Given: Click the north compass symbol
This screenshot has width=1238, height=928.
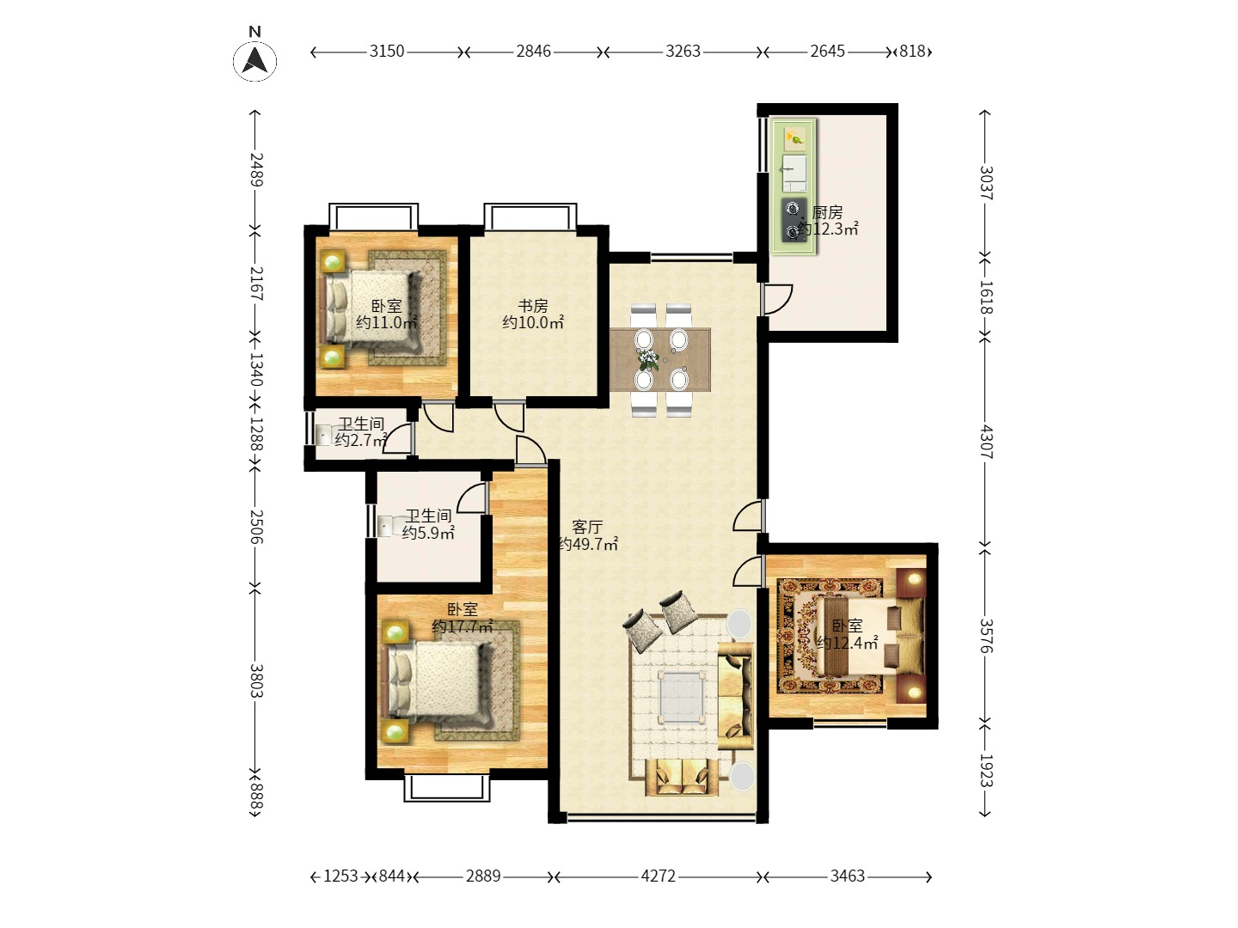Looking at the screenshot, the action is (255, 60).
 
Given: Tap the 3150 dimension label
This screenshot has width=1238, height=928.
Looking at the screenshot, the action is (387, 52).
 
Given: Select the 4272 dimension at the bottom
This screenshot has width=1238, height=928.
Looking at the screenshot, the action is (658, 876).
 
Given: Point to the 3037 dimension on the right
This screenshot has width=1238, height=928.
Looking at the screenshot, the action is (986, 183).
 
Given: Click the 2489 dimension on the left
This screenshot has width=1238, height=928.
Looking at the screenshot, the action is (256, 169).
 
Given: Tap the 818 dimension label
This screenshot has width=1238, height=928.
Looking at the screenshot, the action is (912, 52).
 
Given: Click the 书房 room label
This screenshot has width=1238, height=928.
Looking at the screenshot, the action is (533, 306).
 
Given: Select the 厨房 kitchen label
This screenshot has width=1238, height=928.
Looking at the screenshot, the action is (827, 212).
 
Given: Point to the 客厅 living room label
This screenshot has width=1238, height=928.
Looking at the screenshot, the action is (587, 528).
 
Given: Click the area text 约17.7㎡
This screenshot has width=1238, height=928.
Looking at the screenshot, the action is (463, 626).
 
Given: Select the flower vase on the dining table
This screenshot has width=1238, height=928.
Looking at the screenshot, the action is (648, 359).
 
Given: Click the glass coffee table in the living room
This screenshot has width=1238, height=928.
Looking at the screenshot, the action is (682, 698).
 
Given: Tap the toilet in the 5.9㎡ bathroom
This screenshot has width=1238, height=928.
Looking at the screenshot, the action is (388, 526).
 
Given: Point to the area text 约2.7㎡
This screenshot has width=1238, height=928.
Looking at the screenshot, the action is (361, 439).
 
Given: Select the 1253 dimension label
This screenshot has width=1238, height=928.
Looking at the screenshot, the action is (340, 876).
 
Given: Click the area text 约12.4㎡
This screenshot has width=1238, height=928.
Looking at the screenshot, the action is (847, 643).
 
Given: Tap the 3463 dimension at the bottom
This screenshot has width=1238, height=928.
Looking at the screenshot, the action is (847, 876).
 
